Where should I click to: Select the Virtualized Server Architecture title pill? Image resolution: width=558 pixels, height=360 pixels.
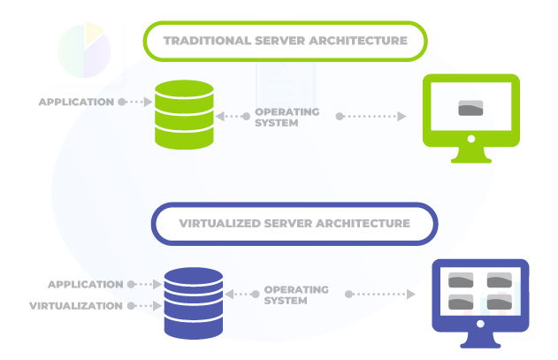tap(294, 224)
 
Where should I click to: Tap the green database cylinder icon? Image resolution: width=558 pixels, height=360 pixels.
tap(184, 115)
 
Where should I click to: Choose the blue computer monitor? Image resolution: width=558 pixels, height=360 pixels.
tap(478, 301)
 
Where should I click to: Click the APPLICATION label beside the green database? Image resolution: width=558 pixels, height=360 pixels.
tap(76, 102)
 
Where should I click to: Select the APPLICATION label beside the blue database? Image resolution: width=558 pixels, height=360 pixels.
tap(85, 285)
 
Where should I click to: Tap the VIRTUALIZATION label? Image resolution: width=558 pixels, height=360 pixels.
tap(76, 306)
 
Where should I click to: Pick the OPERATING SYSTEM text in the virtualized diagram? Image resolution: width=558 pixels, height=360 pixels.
tap(296, 295)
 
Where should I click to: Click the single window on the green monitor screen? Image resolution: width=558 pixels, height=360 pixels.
tap(470, 109)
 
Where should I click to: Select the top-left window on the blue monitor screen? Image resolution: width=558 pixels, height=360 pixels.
tap(462, 280)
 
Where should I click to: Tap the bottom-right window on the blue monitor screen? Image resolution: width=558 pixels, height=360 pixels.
tap(499, 303)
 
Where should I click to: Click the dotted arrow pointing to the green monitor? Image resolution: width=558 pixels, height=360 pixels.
tap(371, 117)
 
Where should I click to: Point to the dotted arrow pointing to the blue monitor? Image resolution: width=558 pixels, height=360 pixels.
tap(379, 295)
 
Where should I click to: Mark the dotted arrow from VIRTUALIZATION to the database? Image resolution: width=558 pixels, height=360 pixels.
tap(145, 306)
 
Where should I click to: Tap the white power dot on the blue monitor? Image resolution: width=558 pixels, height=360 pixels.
tap(479, 325)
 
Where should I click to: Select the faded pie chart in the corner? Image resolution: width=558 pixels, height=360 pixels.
tap(83, 50)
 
